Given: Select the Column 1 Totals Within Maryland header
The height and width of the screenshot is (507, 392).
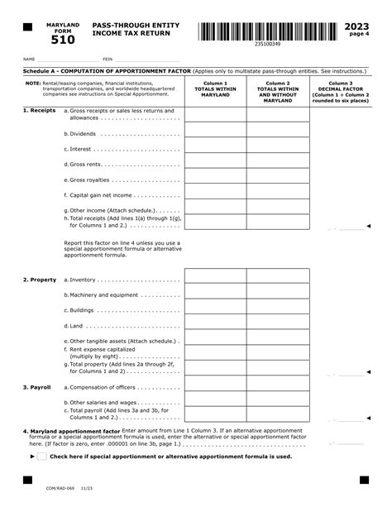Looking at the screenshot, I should click(x=215, y=89).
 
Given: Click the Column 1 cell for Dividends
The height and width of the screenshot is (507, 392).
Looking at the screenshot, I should click(x=215, y=133).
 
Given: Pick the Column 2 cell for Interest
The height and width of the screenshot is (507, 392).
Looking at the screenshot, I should click(x=278, y=149).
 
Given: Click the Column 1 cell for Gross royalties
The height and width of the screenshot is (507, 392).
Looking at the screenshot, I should click(x=215, y=179).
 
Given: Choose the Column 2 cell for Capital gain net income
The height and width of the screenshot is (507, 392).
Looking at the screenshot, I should click(x=278, y=195).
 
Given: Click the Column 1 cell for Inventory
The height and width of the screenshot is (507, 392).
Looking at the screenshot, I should click(x=215, y=280).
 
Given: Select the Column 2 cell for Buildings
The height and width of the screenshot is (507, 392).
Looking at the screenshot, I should click(x=278, y=310).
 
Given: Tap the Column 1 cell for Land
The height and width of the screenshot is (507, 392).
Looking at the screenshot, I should click(x=215, y=326).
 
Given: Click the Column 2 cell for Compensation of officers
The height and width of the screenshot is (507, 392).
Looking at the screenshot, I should click(x=278, y=387).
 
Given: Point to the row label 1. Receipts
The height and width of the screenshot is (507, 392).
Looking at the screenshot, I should click(x=39, y=110).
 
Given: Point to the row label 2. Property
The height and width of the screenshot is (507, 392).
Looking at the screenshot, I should click(x=40, y=280).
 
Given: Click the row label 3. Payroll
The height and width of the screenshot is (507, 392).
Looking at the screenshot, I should click(x=39, y=387).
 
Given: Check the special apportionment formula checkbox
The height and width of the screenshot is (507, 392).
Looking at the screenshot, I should click(x=42, y=456).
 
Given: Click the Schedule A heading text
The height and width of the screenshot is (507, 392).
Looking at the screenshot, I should click(x=99, y=73).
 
